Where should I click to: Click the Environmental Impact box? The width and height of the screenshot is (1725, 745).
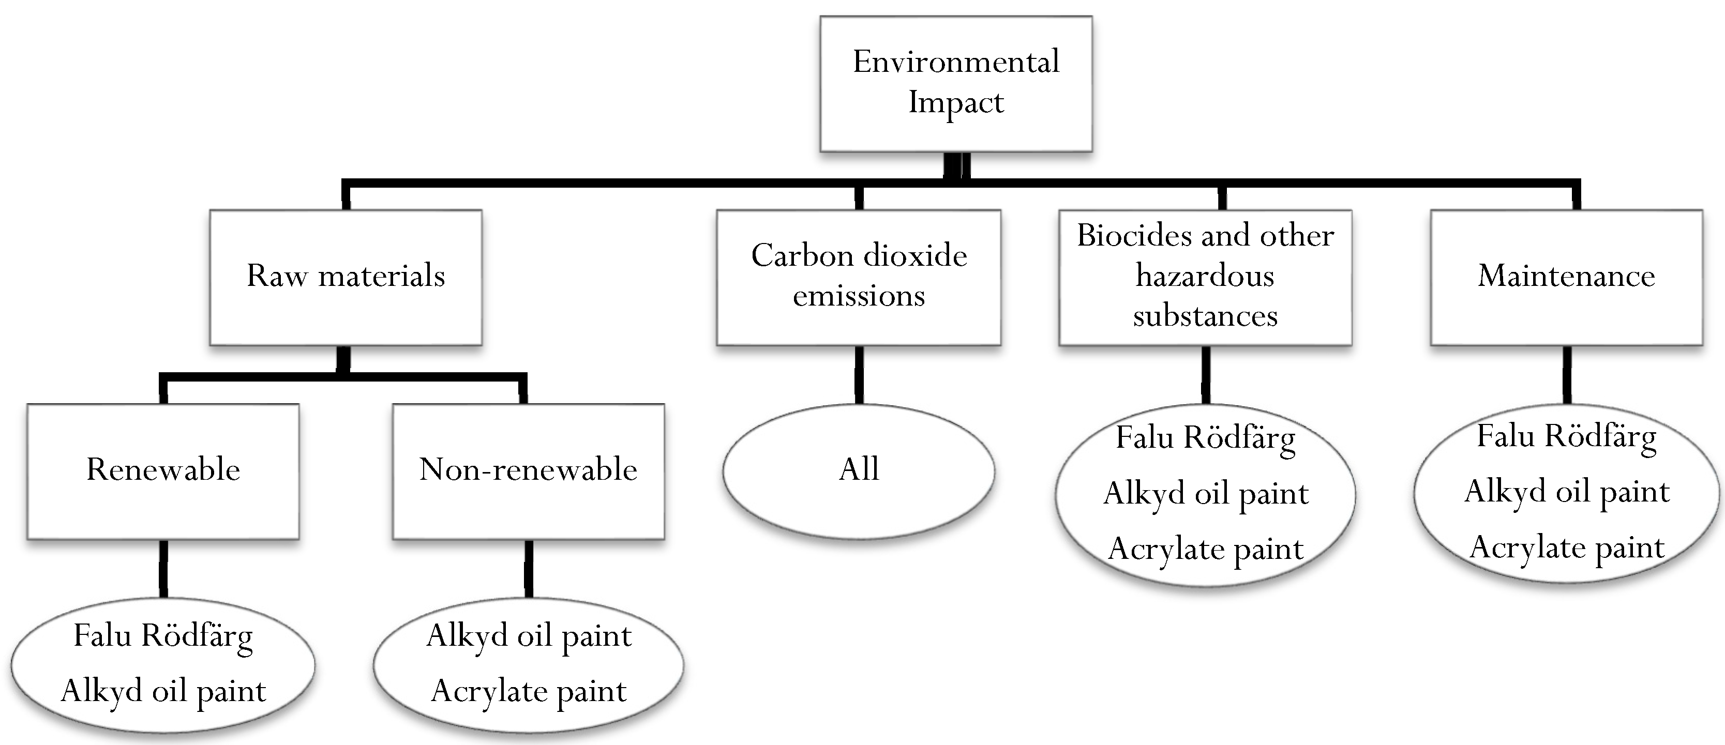coord(955,83)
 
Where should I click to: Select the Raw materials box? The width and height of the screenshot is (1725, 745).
coord(346,277)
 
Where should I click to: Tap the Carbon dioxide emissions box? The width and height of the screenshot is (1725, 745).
coord(859,277)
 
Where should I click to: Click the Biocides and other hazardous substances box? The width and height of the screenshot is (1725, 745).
coord(1205,277)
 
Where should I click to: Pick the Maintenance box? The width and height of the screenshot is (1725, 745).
coord(1566,277)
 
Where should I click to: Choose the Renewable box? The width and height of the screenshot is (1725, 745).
coord(163,470)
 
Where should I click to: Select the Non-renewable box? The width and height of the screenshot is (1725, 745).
coord(528,470)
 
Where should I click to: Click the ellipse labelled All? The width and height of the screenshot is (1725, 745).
coord(859,470)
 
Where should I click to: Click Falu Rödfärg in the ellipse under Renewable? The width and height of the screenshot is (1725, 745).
coord(163,636)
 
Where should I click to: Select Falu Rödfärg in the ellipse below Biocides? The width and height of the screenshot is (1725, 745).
coord(1205,438)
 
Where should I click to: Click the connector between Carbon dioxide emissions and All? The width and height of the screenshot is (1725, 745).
coord(859,375)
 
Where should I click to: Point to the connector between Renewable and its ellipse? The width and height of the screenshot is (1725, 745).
coord(163,568)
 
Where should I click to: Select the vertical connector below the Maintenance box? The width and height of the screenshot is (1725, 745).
coord(1567,375)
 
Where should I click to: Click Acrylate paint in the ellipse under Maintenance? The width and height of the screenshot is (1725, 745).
coord(1567,548)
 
